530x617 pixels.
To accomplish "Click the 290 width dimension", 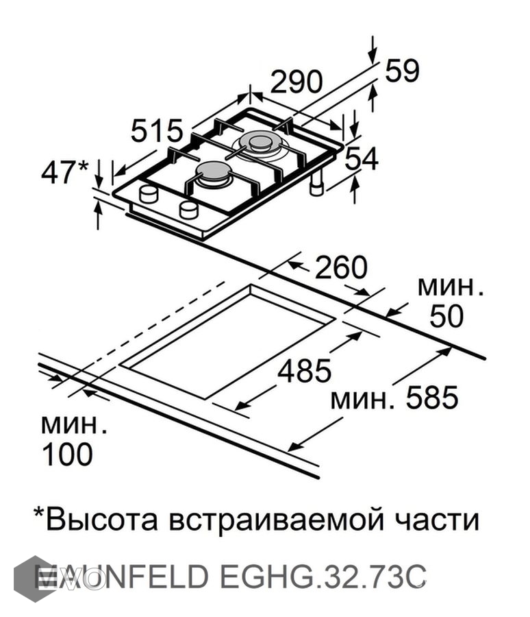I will click(296, 82).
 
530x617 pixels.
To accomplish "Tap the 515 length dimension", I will click(157, 130).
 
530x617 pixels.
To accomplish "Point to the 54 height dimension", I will click(361, 160).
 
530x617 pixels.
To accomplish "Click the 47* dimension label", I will click(65, 172).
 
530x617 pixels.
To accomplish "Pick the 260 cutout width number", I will click(341, 267).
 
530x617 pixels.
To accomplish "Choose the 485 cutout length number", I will click(304, 370).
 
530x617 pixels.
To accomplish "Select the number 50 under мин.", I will click(446, 317).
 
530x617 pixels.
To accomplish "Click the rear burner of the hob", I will click(260, 142).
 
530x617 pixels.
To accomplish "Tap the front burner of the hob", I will click(214, 173).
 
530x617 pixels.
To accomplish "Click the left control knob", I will click(149, 194).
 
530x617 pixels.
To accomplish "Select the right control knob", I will click(188, 210).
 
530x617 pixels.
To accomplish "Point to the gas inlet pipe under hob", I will click(317, 185).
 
